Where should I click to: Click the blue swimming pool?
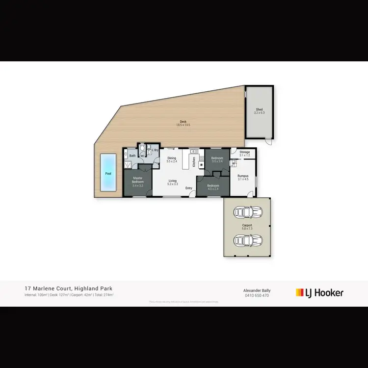[107, 172]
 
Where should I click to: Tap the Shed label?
[259, 110]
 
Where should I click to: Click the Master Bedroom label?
[137, 180]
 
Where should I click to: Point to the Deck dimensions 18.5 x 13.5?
[183, 125]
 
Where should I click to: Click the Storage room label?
[244, 152]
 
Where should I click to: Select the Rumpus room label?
[243, 176]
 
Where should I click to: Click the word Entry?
[188, 188]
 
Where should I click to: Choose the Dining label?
[171, 158]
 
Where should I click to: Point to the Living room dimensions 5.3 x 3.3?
[173, 184]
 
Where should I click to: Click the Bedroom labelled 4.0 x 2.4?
[213, 186]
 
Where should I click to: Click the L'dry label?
[155, 150]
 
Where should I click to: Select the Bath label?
[132, 156]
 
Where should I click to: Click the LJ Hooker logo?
[319, 293]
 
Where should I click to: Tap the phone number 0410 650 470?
[257, 295]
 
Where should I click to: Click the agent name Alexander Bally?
[257, 290]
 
